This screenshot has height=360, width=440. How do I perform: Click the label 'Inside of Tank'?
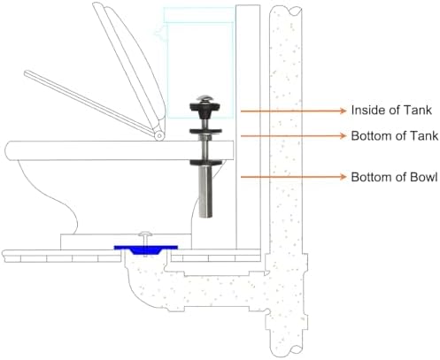pyautogui.click(x=391, y=110)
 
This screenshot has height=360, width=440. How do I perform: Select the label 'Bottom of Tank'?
pyautogui.click(x=395, y=136)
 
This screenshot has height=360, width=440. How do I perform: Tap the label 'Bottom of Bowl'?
pyautogui.click(x=394, y=177)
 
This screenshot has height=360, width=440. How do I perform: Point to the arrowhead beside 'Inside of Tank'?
pyautogui.click(x=343, y=111)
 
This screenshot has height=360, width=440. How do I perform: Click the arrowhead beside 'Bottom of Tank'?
pyautogui.click(x=343, y=135)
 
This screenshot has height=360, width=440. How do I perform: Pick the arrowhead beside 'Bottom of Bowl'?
pyautogui.click(x=343, y=177)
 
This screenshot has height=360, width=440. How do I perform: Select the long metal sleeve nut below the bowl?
pyautogui.click(x=205, y=192)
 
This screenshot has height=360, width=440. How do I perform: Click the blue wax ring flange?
pyautogui.click(x=146, y=249)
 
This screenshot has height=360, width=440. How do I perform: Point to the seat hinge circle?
pyautogui.click(x=159, y=136)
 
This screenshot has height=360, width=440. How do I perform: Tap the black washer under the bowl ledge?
pyautogui.click(x=205, y=163)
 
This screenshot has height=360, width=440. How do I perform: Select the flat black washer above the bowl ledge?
pyautogui.click(x=205, y=132)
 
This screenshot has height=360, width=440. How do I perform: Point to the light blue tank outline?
pyautogui.click(x=200, y=63)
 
